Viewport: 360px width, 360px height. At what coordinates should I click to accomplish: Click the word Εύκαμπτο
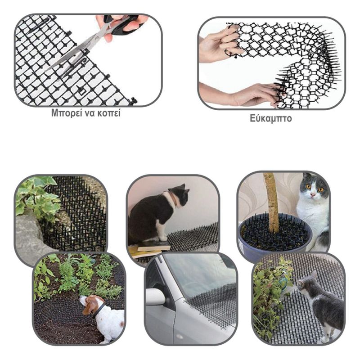tap(271, 118)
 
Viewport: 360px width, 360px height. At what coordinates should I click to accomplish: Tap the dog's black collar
tap(99, 310)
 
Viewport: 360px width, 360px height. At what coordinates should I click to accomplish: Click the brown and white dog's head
tap(91, 303)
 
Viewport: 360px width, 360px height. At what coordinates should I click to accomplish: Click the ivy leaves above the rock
tap(38, 198)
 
